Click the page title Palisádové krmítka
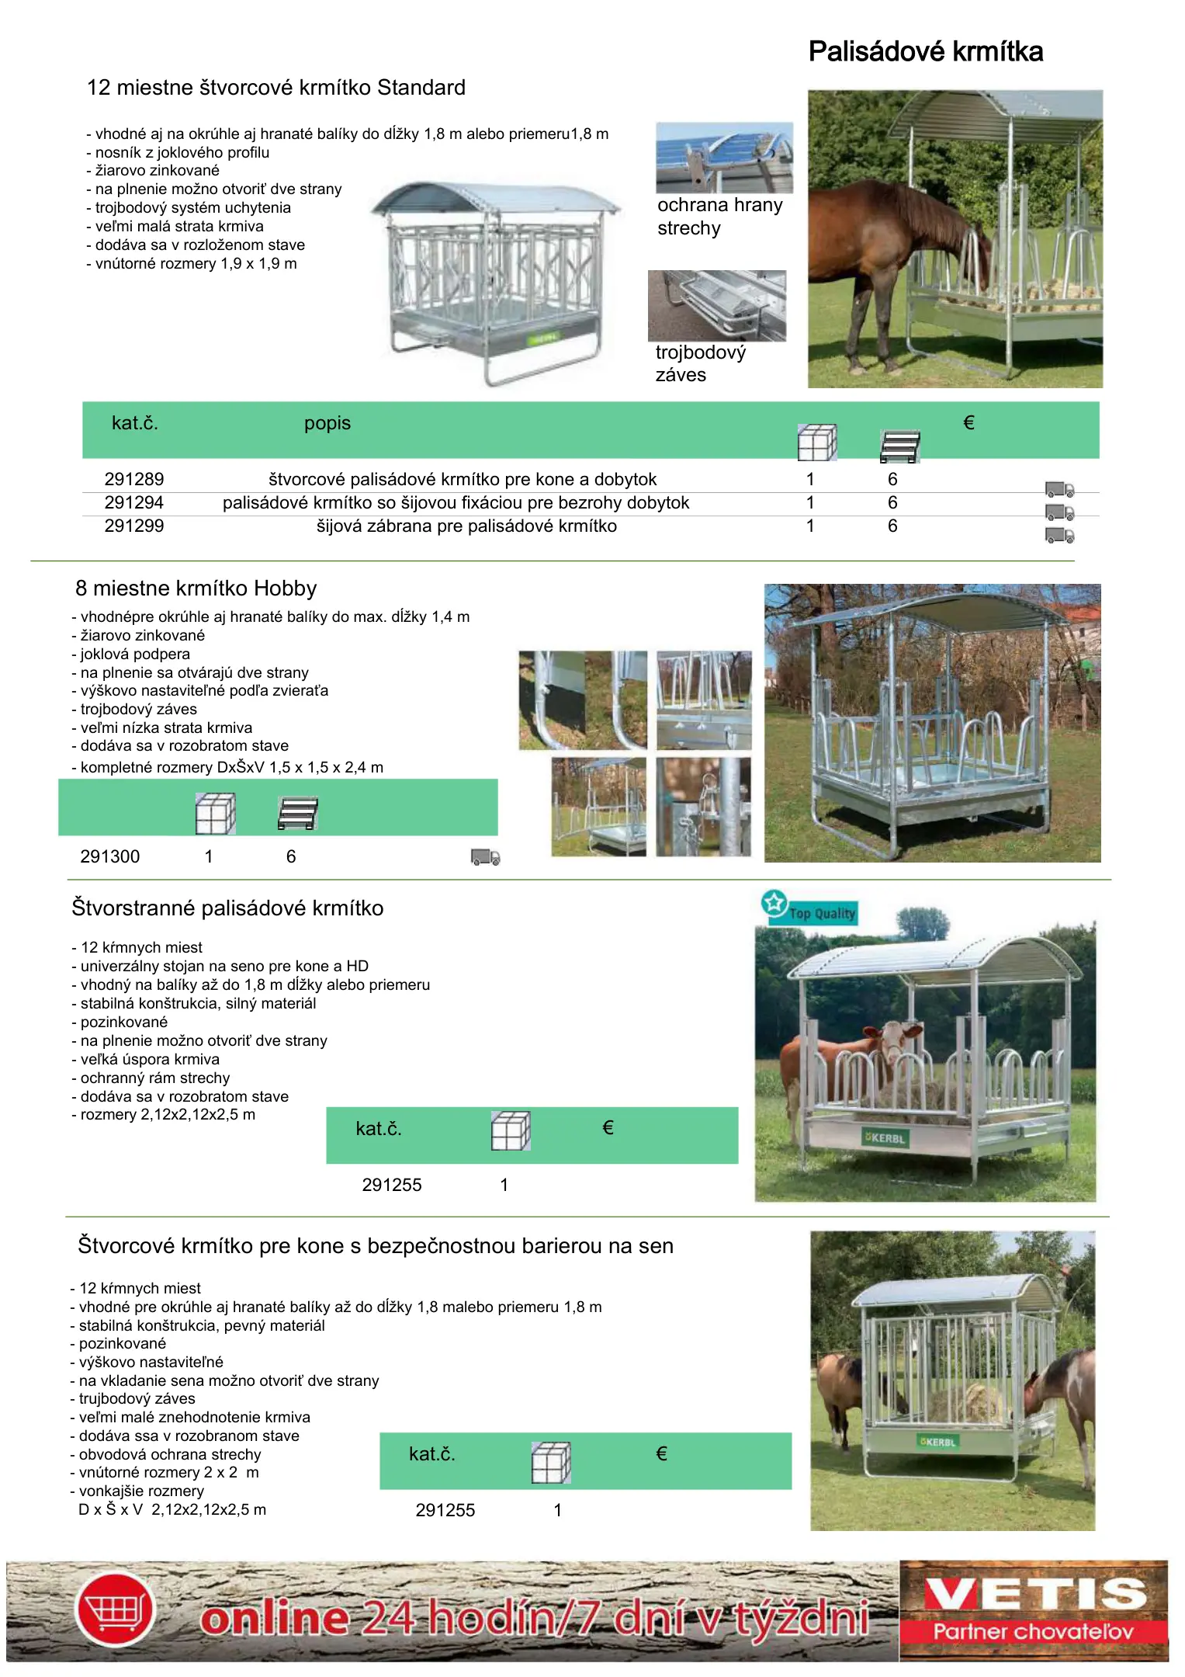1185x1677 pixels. point(925,52)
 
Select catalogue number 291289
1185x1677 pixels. point(134,479)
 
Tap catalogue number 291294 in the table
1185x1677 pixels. point(134,502)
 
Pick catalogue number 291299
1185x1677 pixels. point(134,526)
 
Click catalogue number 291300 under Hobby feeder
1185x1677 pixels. point(110,856)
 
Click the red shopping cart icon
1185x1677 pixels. point(116,1609)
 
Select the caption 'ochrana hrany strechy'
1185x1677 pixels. point(719,216)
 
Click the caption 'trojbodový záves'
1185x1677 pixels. point(700,363)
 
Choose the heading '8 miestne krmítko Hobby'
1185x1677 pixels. point(196,589)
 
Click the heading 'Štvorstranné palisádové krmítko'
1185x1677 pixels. point(227,908)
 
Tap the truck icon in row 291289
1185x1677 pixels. point(1059,489)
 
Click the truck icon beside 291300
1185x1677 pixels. point(485,857)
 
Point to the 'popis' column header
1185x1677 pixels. point(327,423)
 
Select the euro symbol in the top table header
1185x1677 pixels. point(968,423)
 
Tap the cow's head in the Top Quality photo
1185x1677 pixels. point(899,1040)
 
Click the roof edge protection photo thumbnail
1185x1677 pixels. point(724,158)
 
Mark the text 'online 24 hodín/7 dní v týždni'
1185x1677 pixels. point(534,1618)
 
